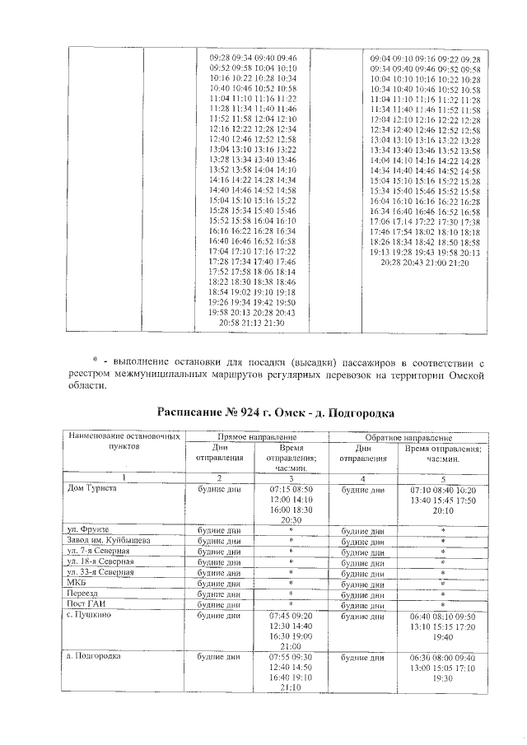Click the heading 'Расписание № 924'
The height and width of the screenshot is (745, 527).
pos(275,411)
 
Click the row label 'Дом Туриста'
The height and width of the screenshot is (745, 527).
pos(91,488)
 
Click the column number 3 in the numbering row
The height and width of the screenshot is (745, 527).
pos(291,477)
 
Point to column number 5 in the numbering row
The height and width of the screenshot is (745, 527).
pos(443,477)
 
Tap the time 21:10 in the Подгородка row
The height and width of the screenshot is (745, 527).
pos(291,688)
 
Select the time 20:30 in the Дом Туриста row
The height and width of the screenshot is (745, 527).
pos(291,520)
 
